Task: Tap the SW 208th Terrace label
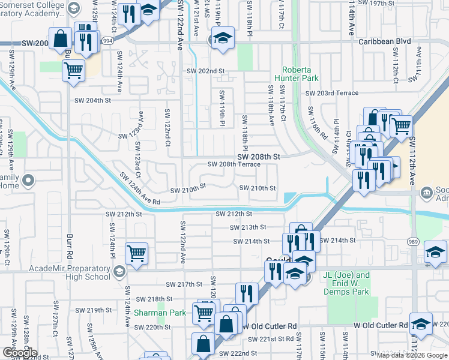[234, 164]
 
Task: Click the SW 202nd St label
[205, 71]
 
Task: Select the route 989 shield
[414, 240]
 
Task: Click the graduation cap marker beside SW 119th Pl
[222, 38]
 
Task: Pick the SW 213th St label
[247, 227]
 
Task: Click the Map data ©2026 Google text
[411, 355]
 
